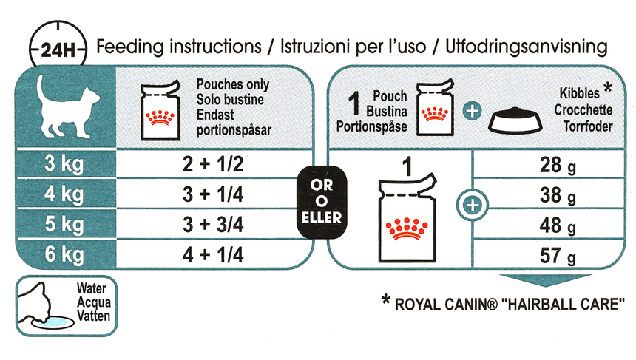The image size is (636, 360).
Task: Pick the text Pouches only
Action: (x=233, y=85)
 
